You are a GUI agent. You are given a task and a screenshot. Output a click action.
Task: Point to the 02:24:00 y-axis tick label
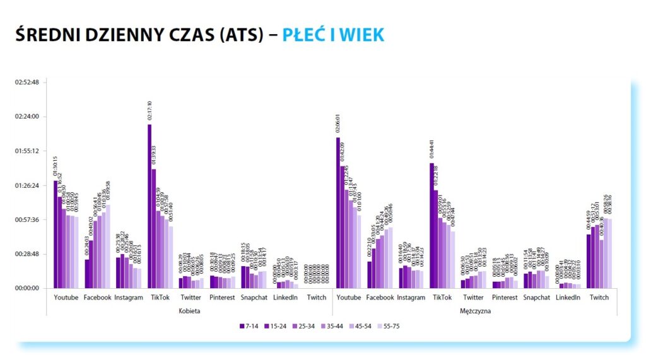26,117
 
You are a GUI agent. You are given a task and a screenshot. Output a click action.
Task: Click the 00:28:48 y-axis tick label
26,254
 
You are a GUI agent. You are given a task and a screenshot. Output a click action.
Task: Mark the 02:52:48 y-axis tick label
26,82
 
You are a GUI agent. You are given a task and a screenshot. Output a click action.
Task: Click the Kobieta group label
189,311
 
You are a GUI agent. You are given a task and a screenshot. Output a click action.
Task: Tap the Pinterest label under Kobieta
221,298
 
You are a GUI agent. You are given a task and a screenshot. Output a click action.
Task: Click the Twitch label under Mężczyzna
599,298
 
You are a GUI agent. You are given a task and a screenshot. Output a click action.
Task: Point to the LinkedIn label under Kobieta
285,298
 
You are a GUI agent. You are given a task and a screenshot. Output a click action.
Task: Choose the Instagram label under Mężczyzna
411,298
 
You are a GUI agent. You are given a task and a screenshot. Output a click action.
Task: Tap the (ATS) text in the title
241,35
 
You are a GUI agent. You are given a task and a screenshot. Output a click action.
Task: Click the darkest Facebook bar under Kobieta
87,274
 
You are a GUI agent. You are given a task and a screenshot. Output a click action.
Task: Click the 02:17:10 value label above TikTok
150,112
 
